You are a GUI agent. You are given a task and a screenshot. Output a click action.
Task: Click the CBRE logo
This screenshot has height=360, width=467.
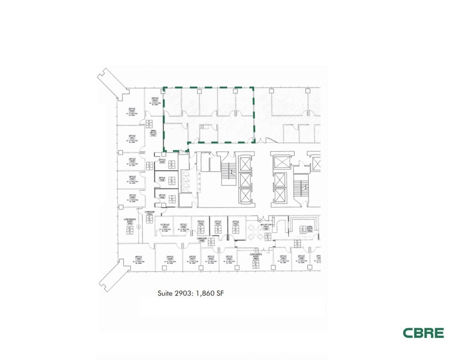423,333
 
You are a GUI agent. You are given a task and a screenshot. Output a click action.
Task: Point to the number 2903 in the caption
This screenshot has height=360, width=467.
186,293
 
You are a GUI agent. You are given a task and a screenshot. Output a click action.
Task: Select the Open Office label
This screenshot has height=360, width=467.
153,133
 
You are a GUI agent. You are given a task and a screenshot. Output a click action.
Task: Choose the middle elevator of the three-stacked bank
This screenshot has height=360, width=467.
245,180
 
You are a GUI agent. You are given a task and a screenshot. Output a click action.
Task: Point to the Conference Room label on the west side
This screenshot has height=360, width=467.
130,221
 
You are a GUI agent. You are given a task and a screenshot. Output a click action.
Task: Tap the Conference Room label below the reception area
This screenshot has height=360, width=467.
255,255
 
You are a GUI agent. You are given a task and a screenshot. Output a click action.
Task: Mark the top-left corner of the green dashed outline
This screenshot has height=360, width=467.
164,88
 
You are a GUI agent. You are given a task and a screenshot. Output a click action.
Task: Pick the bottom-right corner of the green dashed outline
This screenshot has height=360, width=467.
254,142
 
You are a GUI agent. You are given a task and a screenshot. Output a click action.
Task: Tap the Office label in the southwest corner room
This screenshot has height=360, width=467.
138,258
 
